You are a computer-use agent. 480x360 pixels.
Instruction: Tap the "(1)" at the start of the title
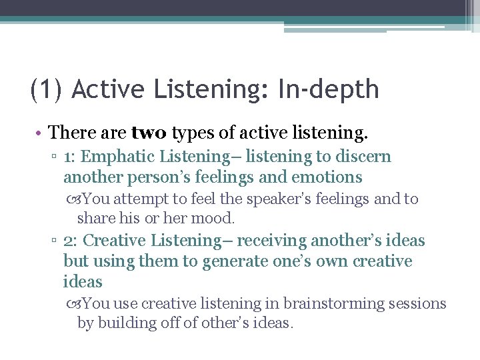(47, 89)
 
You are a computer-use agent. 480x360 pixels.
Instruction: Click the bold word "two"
(150, 133)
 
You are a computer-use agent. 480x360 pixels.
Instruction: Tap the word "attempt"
(138, 199)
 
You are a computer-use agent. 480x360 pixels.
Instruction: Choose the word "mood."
(217, 217)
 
